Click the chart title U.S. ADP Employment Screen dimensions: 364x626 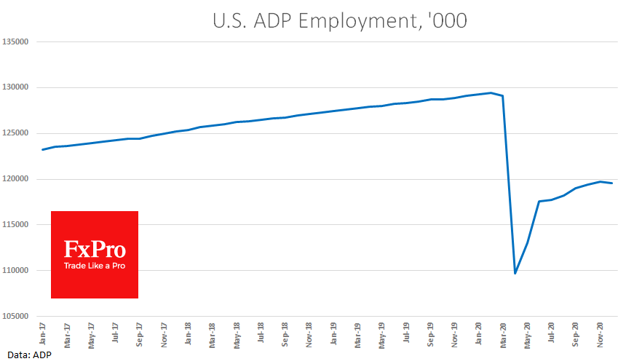tap(339, 22)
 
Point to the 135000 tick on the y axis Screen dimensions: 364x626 tap(15, 42)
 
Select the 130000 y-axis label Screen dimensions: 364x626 tap(15, 88)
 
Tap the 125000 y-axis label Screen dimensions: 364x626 tap(15, 133)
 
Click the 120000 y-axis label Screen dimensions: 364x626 tap(15, 179)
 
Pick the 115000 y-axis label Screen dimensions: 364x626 tap(15, 225)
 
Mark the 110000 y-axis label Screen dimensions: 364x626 tap(15, 271)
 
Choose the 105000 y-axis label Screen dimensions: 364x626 tap(15, 316)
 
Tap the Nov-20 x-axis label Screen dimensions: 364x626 tap(601, 333)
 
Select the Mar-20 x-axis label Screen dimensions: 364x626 tap(504, 333)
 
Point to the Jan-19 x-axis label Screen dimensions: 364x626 tap(333, 333)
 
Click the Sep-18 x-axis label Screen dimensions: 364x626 tap(285, 333)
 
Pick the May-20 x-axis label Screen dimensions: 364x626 tap(528, 333)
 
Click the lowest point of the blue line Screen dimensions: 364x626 tap(515, 274)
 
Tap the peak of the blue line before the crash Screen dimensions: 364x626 tap(491, 92)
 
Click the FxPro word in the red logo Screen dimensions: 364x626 tap(95, 250)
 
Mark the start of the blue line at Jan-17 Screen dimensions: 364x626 tap(42, 150)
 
